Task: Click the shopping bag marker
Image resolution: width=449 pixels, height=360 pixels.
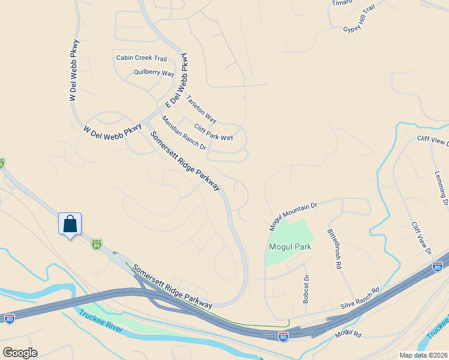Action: pyautogui.click(x=70, y=224)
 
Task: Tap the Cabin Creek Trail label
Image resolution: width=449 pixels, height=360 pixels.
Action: pyautogui.click(x=142, y=58)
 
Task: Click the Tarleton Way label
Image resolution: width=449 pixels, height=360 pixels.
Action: pyautogui.click(x=202, y=109)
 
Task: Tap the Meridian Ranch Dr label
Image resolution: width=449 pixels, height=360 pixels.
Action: pyautogui.click(x=184, y=133)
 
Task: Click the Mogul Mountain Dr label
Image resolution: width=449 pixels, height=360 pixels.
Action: pyautogui.click(x=292, y=217)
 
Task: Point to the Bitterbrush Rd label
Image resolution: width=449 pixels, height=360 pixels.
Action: pyautogui.click(x=334, y=248)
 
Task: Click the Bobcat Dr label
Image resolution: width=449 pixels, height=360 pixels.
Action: pyautogui.click(x=306, y=289)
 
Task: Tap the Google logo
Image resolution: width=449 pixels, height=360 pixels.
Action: pyautogui.click(x=20, y=353)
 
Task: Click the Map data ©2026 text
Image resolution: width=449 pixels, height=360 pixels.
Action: pyautogui.click(x=423, y=355)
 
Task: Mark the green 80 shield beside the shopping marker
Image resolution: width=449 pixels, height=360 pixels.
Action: pyautogui.click(x=96, y=244)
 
